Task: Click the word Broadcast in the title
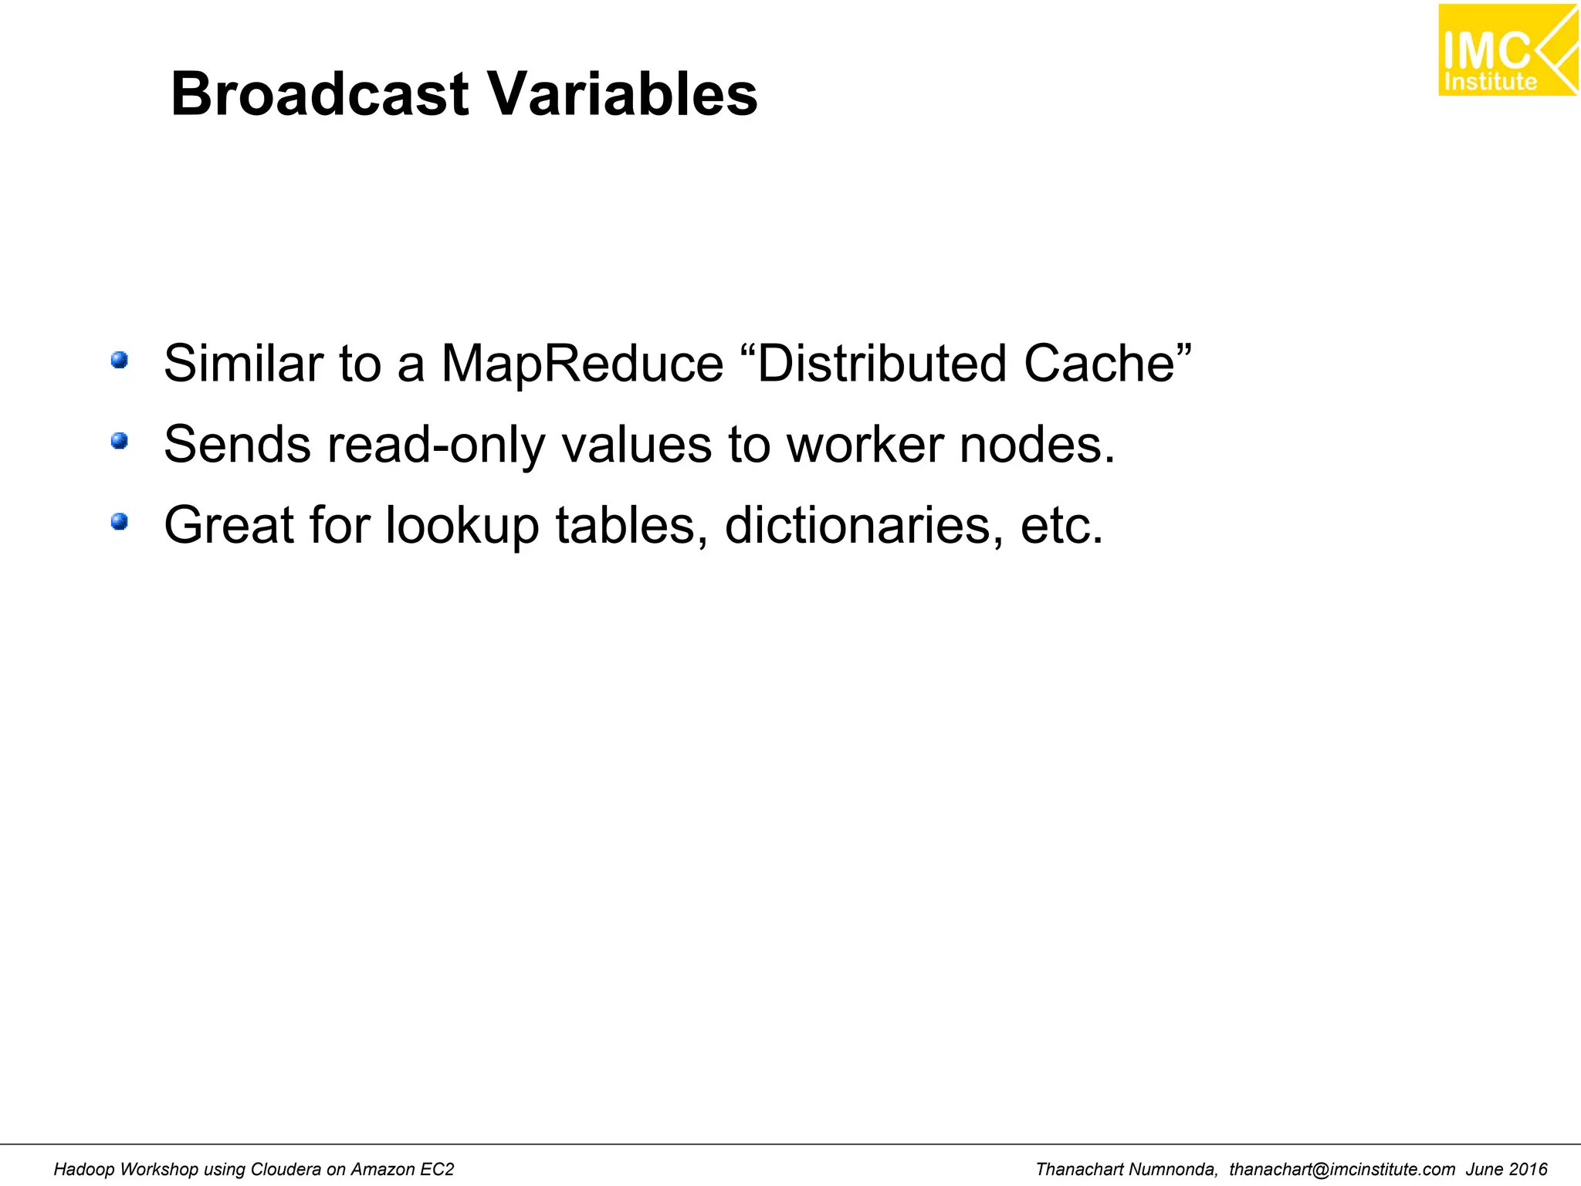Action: click(x=319, y=94)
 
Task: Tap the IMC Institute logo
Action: click(x=1507, y=50)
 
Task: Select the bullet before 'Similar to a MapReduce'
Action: click(x=120, y=361)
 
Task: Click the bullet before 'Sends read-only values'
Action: click(x=120, y=441)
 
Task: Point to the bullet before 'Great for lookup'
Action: click(x=120, y=523)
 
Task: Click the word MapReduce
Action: click(x=582, y=364)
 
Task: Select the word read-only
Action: click(x=436, y=446)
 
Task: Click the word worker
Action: click(x=865, y=445)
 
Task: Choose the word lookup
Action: click(x=462, y=527)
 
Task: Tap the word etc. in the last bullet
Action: click(x=1061, y=526)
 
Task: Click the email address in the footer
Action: click(x=1342, y=1169)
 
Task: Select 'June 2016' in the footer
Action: click(x=1506, y=1169)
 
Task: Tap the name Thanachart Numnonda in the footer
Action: click(x=1126, y=1169)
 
